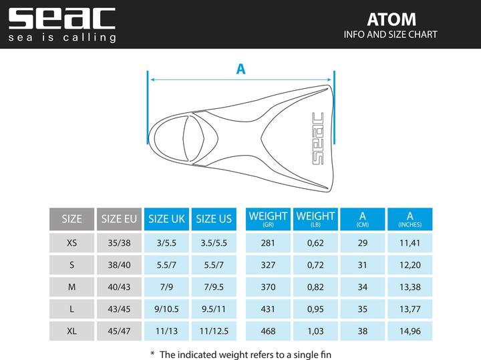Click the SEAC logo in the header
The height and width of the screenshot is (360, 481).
61,18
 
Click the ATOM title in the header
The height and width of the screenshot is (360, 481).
391,19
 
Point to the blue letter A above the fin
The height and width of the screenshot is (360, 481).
240,68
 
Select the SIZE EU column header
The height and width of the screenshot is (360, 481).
119,218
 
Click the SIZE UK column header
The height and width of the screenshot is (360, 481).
166,218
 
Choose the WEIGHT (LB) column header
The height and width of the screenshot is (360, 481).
315,218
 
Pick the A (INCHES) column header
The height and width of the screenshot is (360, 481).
410,218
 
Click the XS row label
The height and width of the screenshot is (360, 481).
71,243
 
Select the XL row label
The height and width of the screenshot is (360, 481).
71,331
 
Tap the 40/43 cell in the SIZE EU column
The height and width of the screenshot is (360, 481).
119,287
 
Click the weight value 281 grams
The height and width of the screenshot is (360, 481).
268,243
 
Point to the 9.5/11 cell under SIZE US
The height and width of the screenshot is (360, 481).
214,309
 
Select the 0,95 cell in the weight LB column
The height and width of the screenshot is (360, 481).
315,309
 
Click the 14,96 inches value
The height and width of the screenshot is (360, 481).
410,331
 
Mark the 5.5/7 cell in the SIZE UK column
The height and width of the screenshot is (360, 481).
166,265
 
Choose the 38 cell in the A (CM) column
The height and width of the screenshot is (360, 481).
363,331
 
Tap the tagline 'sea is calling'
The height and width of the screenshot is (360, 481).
61,37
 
